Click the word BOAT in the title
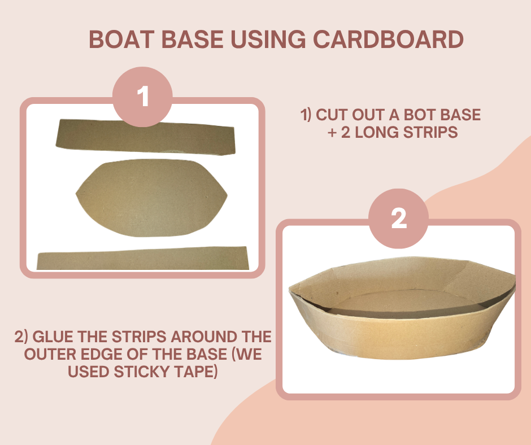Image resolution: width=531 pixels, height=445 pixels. click(121, 40)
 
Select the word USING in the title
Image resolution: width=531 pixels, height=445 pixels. click(268, 40)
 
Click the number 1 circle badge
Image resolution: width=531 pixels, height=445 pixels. click(142, 97)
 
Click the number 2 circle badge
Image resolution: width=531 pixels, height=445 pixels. click(399, 219)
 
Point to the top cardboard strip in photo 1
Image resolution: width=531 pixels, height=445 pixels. click(146, 137)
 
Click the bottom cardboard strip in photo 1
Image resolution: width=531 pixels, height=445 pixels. click(143, 259)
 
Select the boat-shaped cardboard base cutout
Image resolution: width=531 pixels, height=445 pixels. click(151, 198)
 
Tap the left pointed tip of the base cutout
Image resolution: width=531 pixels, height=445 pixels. click(76, 194)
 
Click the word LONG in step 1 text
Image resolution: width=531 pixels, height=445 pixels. click(377, 132)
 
